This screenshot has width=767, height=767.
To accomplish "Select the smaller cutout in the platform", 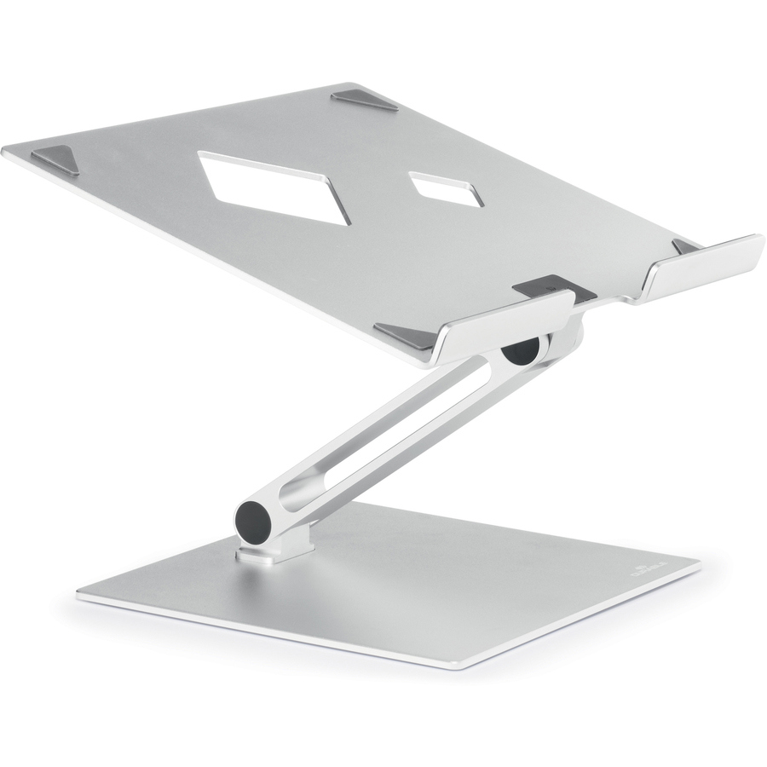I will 446,189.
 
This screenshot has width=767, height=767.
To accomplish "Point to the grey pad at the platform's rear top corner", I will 365,99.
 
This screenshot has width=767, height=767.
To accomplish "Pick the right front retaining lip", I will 704,264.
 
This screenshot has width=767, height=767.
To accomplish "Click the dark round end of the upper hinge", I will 521,350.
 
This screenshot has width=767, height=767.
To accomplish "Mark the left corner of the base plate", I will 80,595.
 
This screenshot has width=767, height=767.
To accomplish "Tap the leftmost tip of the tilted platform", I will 4,152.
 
